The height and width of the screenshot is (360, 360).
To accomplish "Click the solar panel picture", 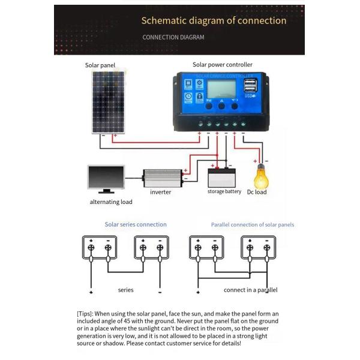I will (109, 101).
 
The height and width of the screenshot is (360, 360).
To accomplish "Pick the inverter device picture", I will (161, 178).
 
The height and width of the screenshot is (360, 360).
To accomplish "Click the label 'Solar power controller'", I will (222, 65).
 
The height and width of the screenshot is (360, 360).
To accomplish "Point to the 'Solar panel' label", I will (100, 65).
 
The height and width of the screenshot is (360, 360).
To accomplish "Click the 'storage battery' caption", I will (224, 192).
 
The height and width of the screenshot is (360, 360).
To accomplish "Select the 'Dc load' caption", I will (257, 192).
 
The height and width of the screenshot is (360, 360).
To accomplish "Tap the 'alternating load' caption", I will (111, 202).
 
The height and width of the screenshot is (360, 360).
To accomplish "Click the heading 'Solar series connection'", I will (136, 224).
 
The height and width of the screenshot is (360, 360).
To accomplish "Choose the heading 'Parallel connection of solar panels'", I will (252, 225).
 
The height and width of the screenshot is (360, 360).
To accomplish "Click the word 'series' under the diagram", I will (125, 290).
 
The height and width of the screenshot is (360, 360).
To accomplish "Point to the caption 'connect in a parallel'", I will (250, 290).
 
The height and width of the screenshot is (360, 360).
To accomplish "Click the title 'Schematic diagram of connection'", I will (214, 20).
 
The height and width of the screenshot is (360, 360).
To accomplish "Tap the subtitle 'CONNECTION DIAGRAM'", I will (173, 37).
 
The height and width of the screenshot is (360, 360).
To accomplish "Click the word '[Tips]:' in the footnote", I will (89, 314).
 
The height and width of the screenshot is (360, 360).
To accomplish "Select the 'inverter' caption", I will (160, 192).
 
